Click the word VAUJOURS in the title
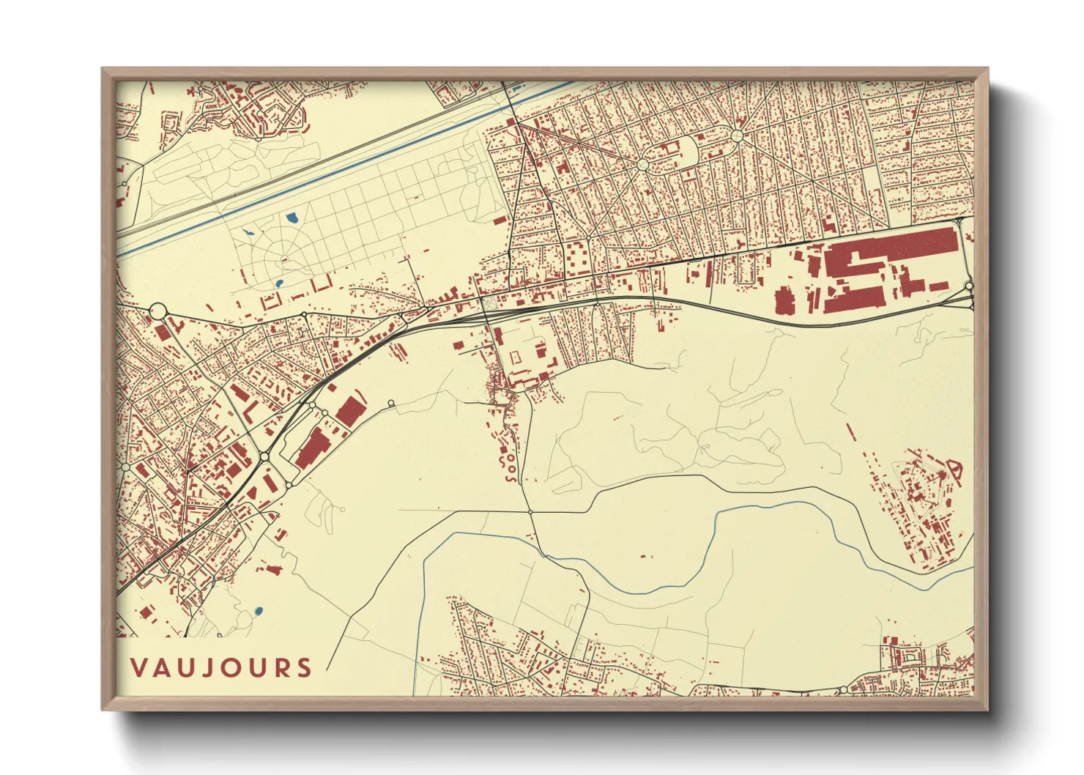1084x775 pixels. pyautogui.click(x=221, y=667)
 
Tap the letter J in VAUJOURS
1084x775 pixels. pyautogui.click(x=207, y=667)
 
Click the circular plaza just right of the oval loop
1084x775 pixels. pyautogui.click(x=736, y=136)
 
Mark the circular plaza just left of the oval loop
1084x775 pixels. pyautogui.click(x=642, y=165)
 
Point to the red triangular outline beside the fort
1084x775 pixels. pyautogui.click(x=954, y=466)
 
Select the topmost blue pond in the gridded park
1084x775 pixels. pyautogui.click(x=292, y=218)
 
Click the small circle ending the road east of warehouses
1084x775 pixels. pyautogui.click(x=391, y=403)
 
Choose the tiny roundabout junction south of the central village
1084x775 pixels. pyautogui.click(x=530, y=511)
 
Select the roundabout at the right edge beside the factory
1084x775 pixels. pyautogui.click(x=968, y=286)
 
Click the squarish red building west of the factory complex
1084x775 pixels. pyautogui.click(x=784, y=300)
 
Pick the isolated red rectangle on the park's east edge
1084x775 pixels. pyautogui.click(x=500, y=219)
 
